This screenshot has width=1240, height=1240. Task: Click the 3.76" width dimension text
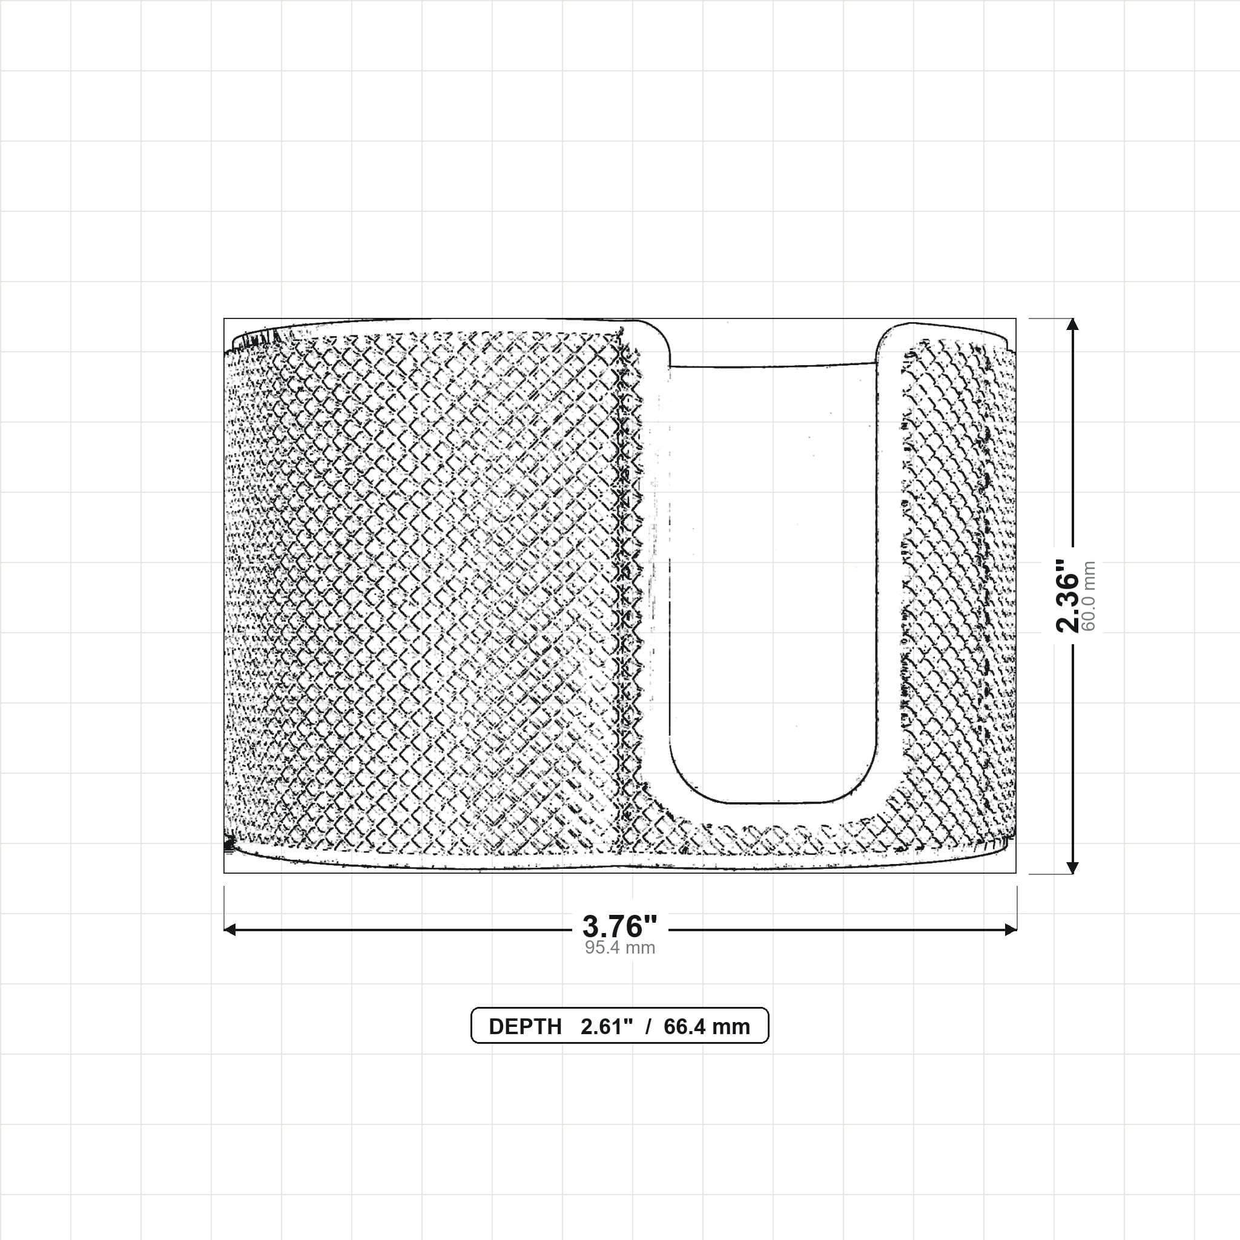click(x=620, y=926)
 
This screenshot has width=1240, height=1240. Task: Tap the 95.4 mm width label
click(x=620, y=948)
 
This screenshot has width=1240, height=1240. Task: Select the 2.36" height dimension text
click(x=1069, y=596)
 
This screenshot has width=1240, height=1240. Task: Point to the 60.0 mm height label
click(x=1089, y=596)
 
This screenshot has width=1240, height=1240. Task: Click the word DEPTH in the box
click(x=525, y=1027)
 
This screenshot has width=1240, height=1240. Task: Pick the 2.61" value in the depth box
click(x=607, y=1027)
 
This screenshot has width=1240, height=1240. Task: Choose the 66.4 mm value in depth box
click(x=707, y=1027)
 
